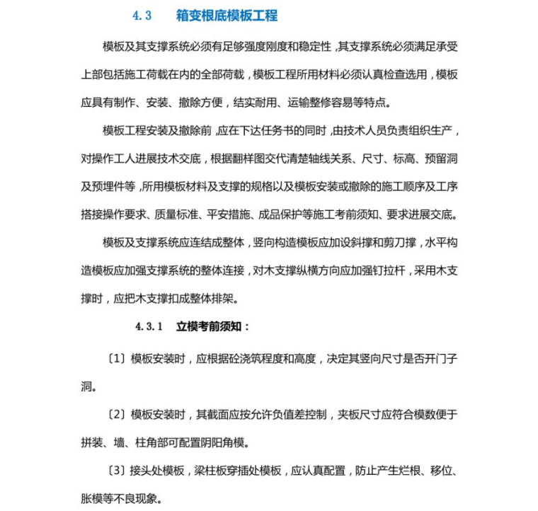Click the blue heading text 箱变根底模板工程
227,16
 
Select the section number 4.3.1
149,327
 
